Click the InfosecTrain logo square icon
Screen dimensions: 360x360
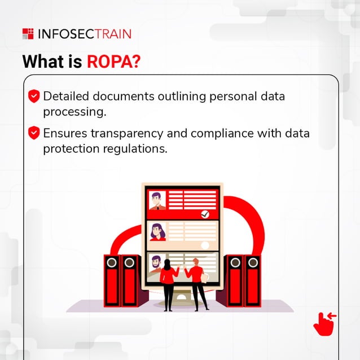pos(28,34)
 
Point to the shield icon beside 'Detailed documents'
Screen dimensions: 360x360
pos(34,96)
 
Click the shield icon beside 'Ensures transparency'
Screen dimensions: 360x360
pos(34,133)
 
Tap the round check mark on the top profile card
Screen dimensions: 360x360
pos(205,214)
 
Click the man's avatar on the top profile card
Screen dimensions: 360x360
pos(157,200)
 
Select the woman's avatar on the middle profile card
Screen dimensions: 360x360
pos(157,231)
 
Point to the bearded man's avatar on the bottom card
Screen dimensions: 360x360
pos(156,264)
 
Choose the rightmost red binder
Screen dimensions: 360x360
pos(252,280)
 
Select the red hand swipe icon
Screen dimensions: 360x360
pos(324,323)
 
